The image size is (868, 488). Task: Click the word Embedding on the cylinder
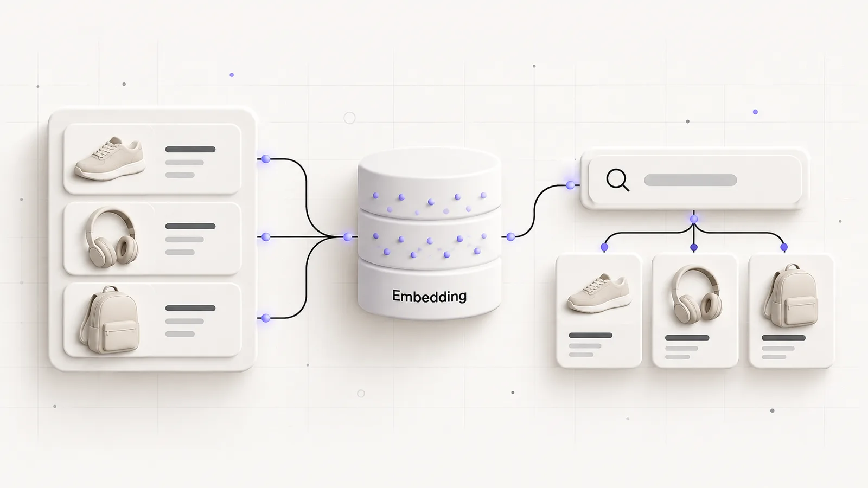click(x=429, y=296)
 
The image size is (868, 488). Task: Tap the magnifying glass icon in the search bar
click(x=617, y=180)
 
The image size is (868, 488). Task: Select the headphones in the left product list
click(x=112, y=237)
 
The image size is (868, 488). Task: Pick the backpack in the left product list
click(x=109, y=319)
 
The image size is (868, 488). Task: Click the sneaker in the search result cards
click(x=599, y=293)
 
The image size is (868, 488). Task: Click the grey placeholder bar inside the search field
click(x=690, y=180)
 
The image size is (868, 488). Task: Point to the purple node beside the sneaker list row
click(x=266, y=159)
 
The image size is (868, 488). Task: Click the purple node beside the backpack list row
click(x=266, y=318)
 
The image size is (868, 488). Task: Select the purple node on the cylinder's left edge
click(x=348, y=236)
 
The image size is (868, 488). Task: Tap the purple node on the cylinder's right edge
click(x=510, y=236)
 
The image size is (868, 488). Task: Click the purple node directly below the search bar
click(x=694, y=219)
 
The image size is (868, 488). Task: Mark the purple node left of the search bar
click(x=570, y=185)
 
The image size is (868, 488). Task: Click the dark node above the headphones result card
click(x=694, y=247)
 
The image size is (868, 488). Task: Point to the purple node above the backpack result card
click(x=784, y=247)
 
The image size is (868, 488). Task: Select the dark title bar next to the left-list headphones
click(x=190, y=226)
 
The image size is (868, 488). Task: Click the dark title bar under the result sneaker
click(x=591, y=336)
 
